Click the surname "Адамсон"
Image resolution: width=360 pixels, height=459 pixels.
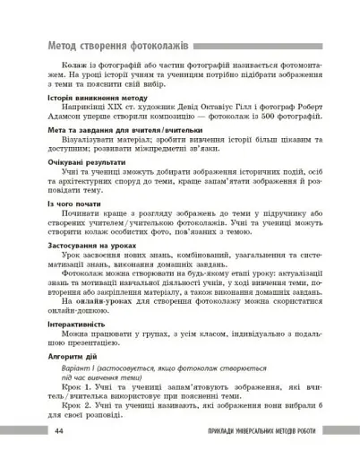(56, 141)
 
